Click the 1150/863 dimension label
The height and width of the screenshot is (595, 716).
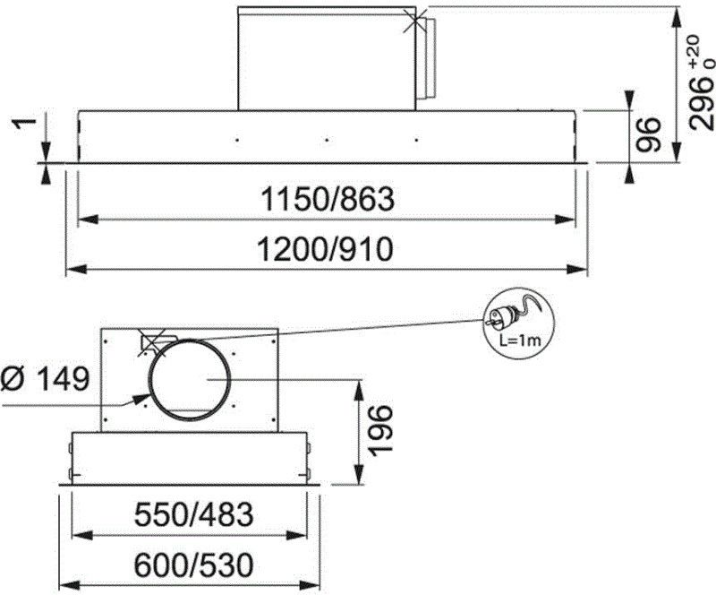(x=327, y=200)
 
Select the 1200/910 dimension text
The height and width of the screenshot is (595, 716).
(x=325, y=249)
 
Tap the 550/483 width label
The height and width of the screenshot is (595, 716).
(x=193, y=514)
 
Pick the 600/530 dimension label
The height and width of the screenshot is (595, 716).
(x=193, y=565)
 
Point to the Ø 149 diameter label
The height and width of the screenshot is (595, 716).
(x=44, y=379)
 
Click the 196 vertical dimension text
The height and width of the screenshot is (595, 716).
(x=379, y=430)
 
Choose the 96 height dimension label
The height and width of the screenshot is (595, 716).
(x=648, y=134)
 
